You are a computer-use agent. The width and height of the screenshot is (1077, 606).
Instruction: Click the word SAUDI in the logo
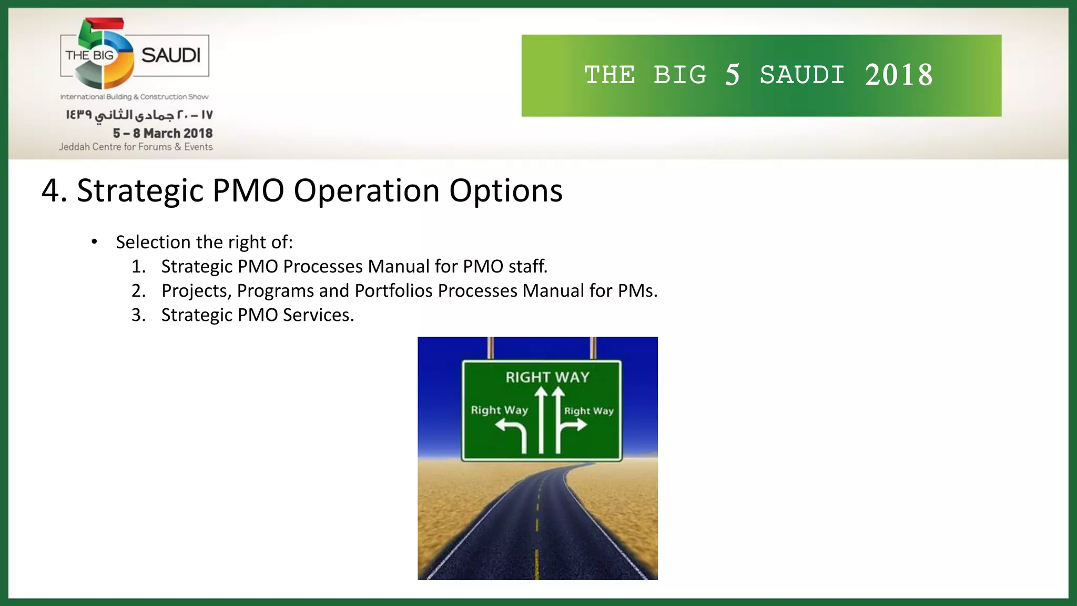click(171, 55)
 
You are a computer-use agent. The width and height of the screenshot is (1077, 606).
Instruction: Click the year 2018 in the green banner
click(899, 75)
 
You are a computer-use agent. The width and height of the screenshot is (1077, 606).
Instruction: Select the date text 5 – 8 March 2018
click(162, 133)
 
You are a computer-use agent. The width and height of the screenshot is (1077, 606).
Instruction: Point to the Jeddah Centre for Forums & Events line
click(136, 147)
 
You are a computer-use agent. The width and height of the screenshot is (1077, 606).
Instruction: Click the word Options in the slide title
click(505, 190)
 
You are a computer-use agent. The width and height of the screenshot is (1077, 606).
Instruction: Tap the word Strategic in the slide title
click(140, 190)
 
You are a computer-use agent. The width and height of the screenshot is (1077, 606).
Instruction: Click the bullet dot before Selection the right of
click(94, 242)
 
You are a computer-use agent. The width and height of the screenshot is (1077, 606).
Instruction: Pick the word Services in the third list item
click(318, 315)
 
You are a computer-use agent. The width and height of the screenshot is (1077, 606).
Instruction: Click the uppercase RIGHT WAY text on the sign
click(547, 377)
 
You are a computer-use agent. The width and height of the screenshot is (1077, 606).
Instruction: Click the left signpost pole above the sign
click(491, 348)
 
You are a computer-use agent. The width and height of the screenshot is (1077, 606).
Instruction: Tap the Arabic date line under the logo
click(139, 115)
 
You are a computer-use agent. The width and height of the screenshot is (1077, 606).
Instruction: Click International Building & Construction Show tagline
click(134, 97)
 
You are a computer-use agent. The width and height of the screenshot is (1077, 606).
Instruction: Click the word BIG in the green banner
click(680, 75)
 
